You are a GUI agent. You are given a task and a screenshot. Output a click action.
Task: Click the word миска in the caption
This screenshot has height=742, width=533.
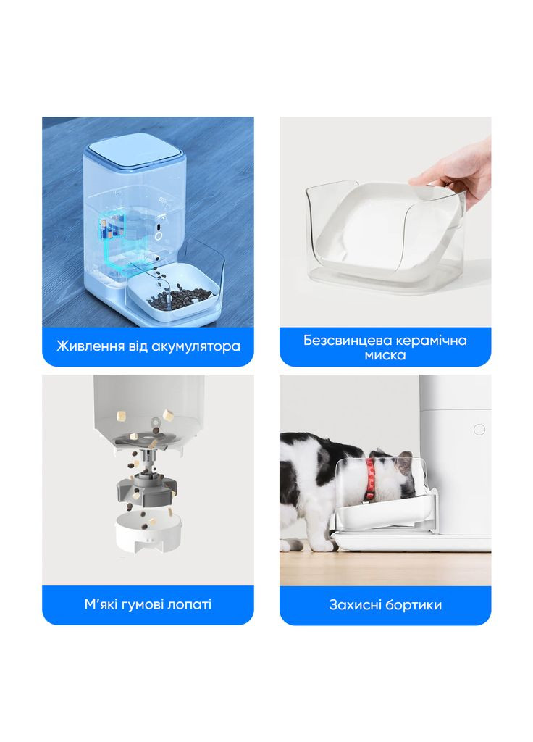[x=385, y=355]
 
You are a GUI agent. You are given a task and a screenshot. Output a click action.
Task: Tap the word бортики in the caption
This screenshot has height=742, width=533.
[x=415, y=605]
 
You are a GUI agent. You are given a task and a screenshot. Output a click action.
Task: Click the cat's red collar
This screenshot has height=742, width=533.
[x=370, y=478]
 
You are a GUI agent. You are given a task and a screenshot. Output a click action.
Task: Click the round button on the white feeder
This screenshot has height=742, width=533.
[x=479, y=429]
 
